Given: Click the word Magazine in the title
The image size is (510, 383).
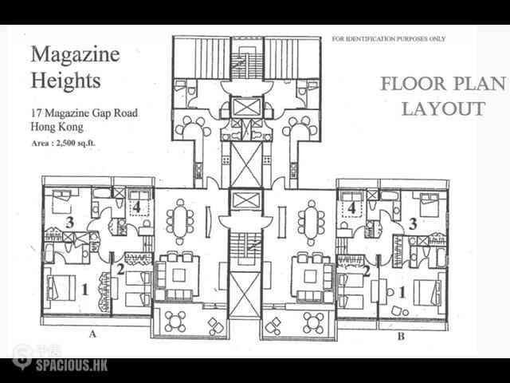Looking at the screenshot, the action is [76, 54].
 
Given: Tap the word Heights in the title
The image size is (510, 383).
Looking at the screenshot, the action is [65, 80].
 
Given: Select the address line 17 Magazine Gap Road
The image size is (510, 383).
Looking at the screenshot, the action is [84, 113].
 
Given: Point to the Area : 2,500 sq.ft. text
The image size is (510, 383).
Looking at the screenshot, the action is [64, 143].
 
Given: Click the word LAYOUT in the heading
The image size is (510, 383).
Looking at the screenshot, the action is [443, 109].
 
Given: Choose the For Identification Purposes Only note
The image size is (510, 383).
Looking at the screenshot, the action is [388, 39].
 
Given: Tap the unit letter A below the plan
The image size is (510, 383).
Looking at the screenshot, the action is [93, 334].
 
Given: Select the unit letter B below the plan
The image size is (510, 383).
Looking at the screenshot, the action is [401, 336].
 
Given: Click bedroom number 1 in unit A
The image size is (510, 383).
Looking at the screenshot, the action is [84, 289].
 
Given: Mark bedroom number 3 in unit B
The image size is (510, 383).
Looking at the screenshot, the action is [413, 223].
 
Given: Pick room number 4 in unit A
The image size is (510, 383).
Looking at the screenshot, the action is [136, 207].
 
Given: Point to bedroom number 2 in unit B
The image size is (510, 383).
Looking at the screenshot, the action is [367, 271].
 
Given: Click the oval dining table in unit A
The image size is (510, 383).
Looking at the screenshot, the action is [180, 221].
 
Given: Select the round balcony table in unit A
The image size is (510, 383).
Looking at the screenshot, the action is [175, 322].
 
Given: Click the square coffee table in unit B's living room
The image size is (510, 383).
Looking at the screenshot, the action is [310, 277].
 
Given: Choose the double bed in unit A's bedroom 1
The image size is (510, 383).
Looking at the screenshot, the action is [61, 287].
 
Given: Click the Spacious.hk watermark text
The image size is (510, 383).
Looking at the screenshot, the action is [71, 365].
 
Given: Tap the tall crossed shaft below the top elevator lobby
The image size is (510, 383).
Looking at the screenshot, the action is [246, 165].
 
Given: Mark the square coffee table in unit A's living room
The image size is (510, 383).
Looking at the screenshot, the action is [178, 275].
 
